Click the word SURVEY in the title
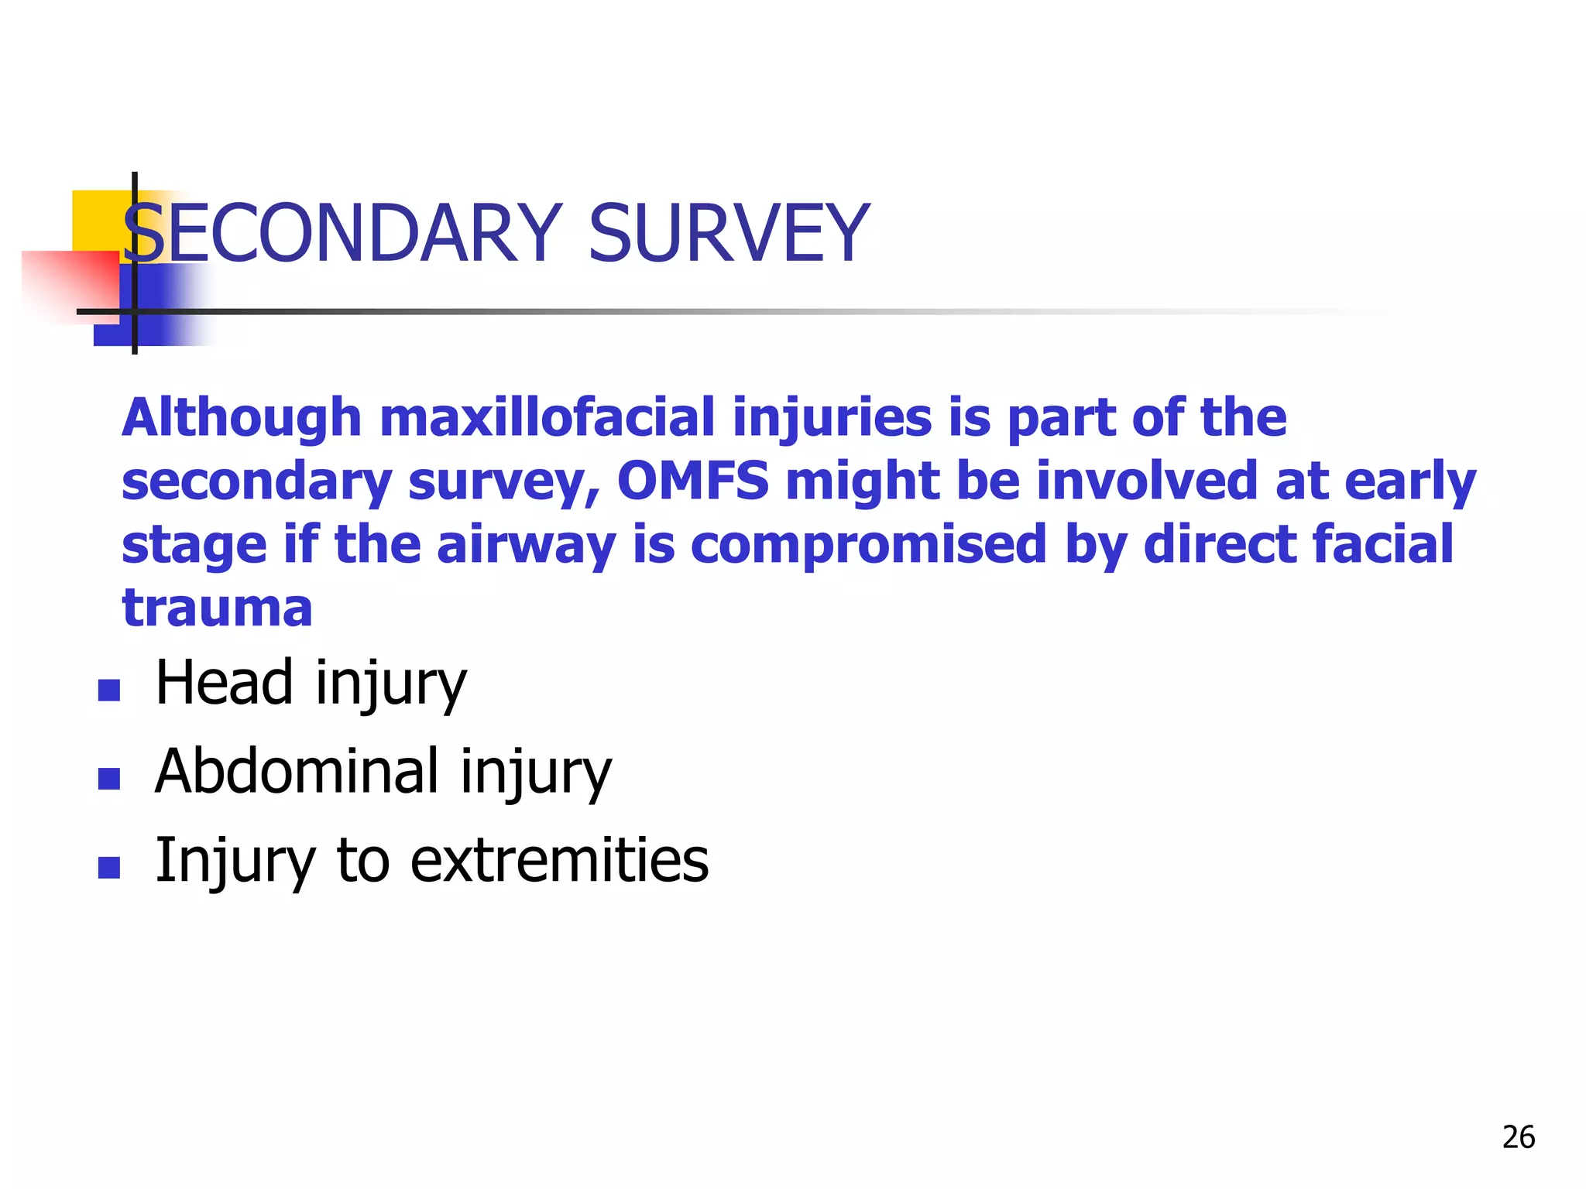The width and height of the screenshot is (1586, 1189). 729,233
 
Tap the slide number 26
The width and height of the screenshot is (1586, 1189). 1518,1137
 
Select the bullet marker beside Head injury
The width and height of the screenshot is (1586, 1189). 109,690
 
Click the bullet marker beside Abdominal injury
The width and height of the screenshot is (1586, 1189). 109,778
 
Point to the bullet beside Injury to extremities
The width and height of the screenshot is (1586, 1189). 109,867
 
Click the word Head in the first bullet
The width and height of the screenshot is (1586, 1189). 224,683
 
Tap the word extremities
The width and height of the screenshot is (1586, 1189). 559,860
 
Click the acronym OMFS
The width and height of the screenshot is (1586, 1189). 693,481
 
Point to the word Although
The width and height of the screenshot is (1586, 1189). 242,417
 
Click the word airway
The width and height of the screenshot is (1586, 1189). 526,544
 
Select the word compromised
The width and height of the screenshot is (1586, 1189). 868,544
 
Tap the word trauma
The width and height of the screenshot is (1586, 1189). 218,608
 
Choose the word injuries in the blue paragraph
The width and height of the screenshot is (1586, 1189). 832,417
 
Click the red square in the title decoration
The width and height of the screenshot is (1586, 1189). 70,283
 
